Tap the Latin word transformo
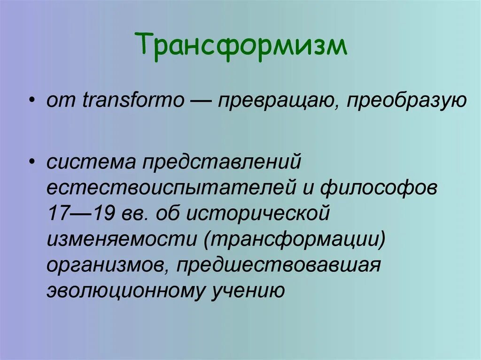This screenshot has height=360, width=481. (x=133, y=101)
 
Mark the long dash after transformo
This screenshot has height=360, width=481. (x=200, y=101)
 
